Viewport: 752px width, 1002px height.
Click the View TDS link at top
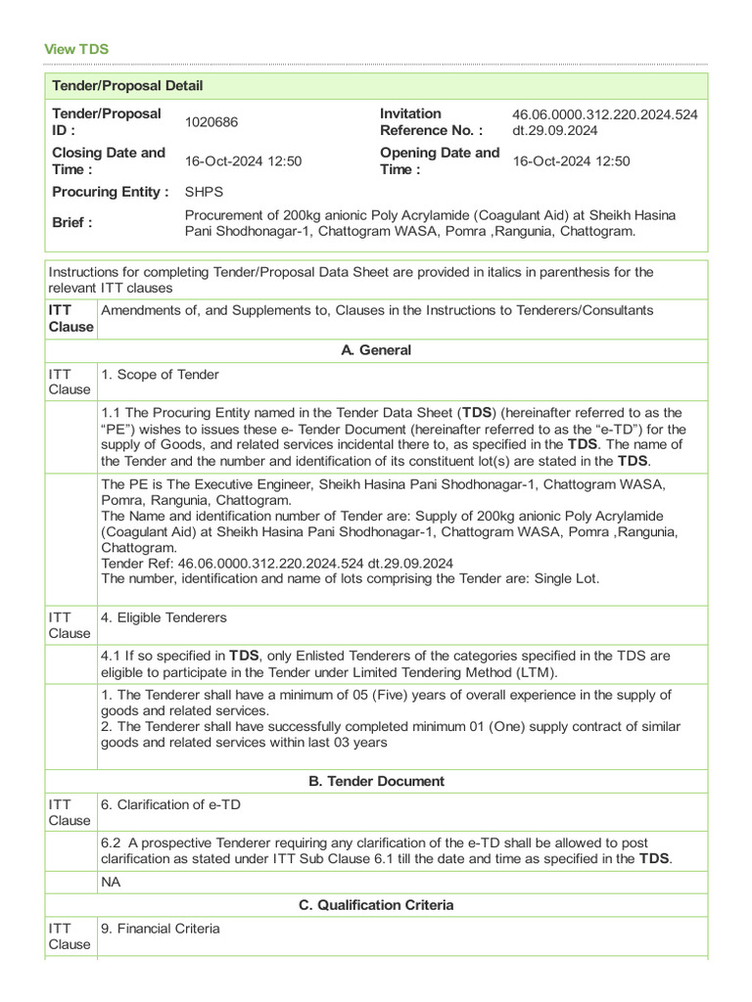(76, 49)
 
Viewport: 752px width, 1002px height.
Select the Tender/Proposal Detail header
(127, 86)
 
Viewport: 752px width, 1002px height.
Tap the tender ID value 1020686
(211, 122)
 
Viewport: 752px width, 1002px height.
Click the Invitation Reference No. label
(431, 122)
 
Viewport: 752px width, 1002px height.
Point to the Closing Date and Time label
(109, 161)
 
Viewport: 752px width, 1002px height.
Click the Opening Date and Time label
(439, 161)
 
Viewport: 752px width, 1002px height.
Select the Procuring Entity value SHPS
(204, 192)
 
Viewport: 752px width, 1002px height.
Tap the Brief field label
(72, 222)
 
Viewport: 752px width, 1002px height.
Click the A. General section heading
(376, 350)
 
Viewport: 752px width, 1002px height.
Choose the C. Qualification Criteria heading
(376, 905)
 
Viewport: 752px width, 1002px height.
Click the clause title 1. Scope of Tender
(160, 375)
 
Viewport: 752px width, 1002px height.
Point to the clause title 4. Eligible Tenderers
(164, 617)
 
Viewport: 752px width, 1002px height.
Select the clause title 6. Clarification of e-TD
(171, 804)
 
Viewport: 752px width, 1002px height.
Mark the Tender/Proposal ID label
(106, 122)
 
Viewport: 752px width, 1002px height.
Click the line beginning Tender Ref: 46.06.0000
(277, 563)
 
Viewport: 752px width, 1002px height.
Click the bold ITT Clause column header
(70, 319)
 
